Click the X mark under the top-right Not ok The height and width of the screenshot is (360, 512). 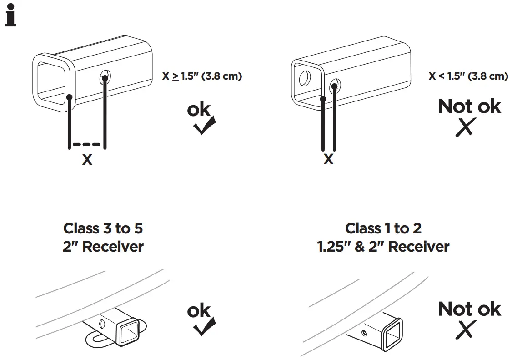[x=466, y=127]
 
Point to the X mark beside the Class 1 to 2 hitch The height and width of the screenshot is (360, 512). [x=466, y=330]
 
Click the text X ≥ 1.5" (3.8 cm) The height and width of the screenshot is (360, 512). [x=202, y=76]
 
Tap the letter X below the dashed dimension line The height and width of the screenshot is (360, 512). [x=86, y=160]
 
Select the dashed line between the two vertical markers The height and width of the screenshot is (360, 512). [x=87, y=145]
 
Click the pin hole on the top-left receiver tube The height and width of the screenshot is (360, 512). [x=105, y=78]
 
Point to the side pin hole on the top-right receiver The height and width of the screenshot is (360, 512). [x=335, y=84]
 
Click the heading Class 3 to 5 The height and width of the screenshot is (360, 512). [x=103, y=228]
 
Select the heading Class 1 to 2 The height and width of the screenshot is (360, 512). [x=383, y=228]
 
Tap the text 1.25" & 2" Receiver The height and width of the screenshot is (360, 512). [x=383, y=247]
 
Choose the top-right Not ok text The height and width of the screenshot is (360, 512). [x=469, y=106]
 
